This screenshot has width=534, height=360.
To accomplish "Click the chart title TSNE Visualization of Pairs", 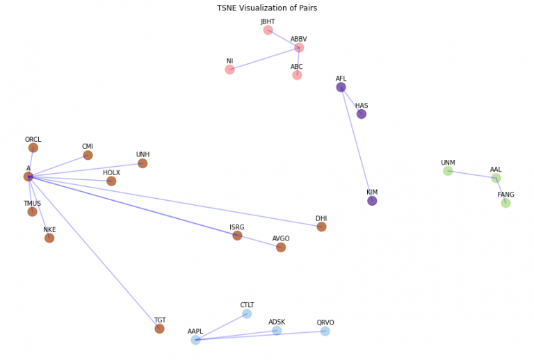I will click(267, 8).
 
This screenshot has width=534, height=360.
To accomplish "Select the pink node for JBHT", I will click(268, 30).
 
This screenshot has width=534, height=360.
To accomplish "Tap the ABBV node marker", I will click(299, 48).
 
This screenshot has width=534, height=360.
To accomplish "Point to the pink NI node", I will click(229, 69).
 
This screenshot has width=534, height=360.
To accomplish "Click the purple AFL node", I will click(341, 87).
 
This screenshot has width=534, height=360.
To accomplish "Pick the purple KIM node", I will click(372, 201).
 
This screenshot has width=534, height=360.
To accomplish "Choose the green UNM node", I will click(448, 171).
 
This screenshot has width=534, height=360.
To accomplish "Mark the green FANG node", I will click(505, 203).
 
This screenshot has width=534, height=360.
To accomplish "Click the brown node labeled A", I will click(29, 177).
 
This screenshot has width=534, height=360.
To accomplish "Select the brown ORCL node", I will click(33, 148).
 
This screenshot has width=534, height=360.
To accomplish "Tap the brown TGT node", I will click(159, 329).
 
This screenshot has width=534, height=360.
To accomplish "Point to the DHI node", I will click(321, 227).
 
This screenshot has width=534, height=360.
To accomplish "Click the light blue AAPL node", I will click(195, 340).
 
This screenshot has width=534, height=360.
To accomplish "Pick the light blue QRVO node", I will click(325, 332).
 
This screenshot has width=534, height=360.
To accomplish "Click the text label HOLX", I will click(111, 173).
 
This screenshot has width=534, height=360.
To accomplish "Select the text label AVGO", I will click(281, 239).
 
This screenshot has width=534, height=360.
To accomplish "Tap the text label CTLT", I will click(247, 305).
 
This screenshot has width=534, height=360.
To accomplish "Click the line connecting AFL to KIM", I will click(356, 144).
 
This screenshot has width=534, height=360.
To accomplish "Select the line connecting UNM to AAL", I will click(471, 174).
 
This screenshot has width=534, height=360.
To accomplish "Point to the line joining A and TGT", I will click(94, 252).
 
